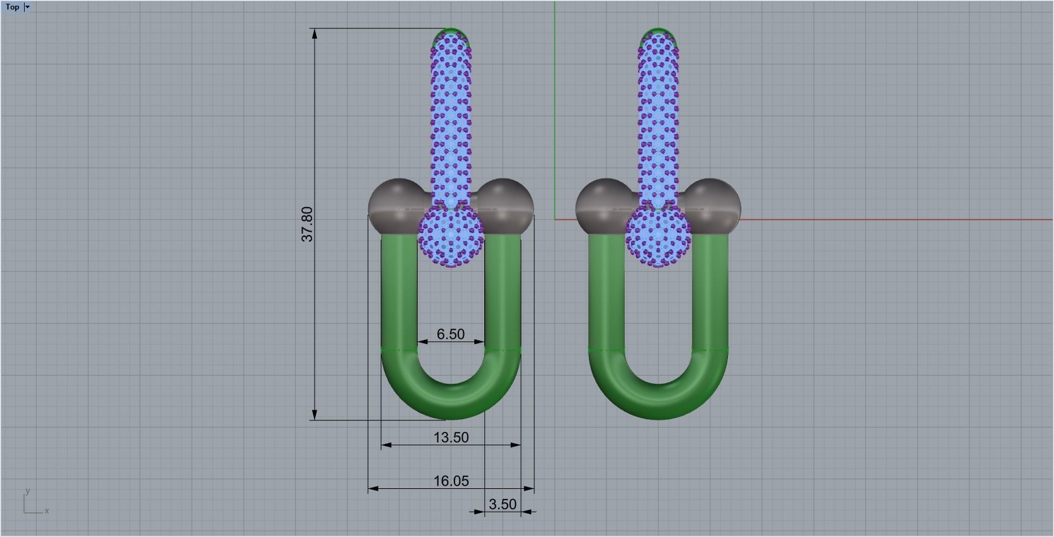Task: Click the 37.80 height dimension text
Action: pos(307,224)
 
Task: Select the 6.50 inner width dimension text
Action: pos(451,334)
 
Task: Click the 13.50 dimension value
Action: pos(451,438)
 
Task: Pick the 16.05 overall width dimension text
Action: pos(451,481)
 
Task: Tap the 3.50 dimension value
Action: pos(503,505)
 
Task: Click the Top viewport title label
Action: pos(12,7)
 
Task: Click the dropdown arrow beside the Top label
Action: pos(27,7)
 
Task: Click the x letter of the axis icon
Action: pos(47,511)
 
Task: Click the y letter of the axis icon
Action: pos(28,491)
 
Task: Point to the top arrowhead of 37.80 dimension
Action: pos(315,34)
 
